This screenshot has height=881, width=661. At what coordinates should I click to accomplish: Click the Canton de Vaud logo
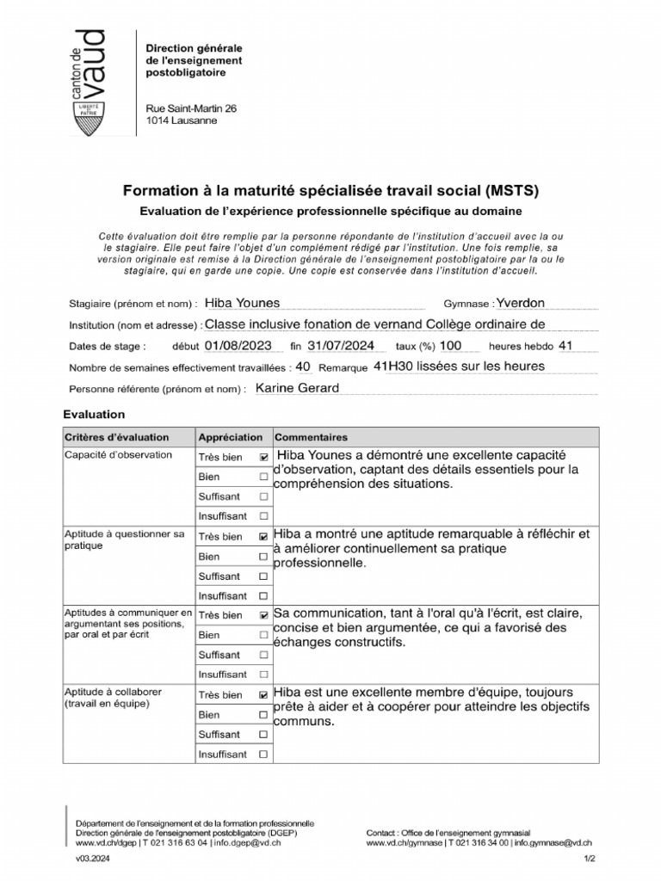click(x=90, y=83)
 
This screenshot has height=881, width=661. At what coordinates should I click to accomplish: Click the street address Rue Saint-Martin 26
click(x=191, y=108)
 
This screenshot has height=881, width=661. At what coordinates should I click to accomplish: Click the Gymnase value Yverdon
click(x=521, y=303)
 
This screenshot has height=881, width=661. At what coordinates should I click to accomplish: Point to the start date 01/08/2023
click(x=239, y=346)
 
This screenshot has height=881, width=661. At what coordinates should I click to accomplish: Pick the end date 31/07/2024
click(x=339, y=346)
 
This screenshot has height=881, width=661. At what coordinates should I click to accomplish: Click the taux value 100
click(x=450, y=346)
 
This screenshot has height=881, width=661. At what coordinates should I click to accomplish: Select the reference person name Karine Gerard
click(x=298, y=388)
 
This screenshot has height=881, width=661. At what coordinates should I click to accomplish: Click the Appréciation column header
click(x=230, y=437)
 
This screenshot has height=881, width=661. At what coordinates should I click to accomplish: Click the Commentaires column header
click(x=311, y=437)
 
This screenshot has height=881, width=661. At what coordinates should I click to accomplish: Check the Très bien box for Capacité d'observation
click(x=263, y=458)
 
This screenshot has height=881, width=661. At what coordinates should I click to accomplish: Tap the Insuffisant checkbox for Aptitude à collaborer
click(x=263, y=755)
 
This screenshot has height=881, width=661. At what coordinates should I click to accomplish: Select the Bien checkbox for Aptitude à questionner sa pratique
click(x=263, y=557)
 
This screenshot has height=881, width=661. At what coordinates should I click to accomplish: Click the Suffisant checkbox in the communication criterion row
click(x=263, y=656)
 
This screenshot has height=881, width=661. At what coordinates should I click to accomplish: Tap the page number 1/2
click(x=590, y=859)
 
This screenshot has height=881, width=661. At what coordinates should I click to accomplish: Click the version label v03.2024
click(x=93, y=859)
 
